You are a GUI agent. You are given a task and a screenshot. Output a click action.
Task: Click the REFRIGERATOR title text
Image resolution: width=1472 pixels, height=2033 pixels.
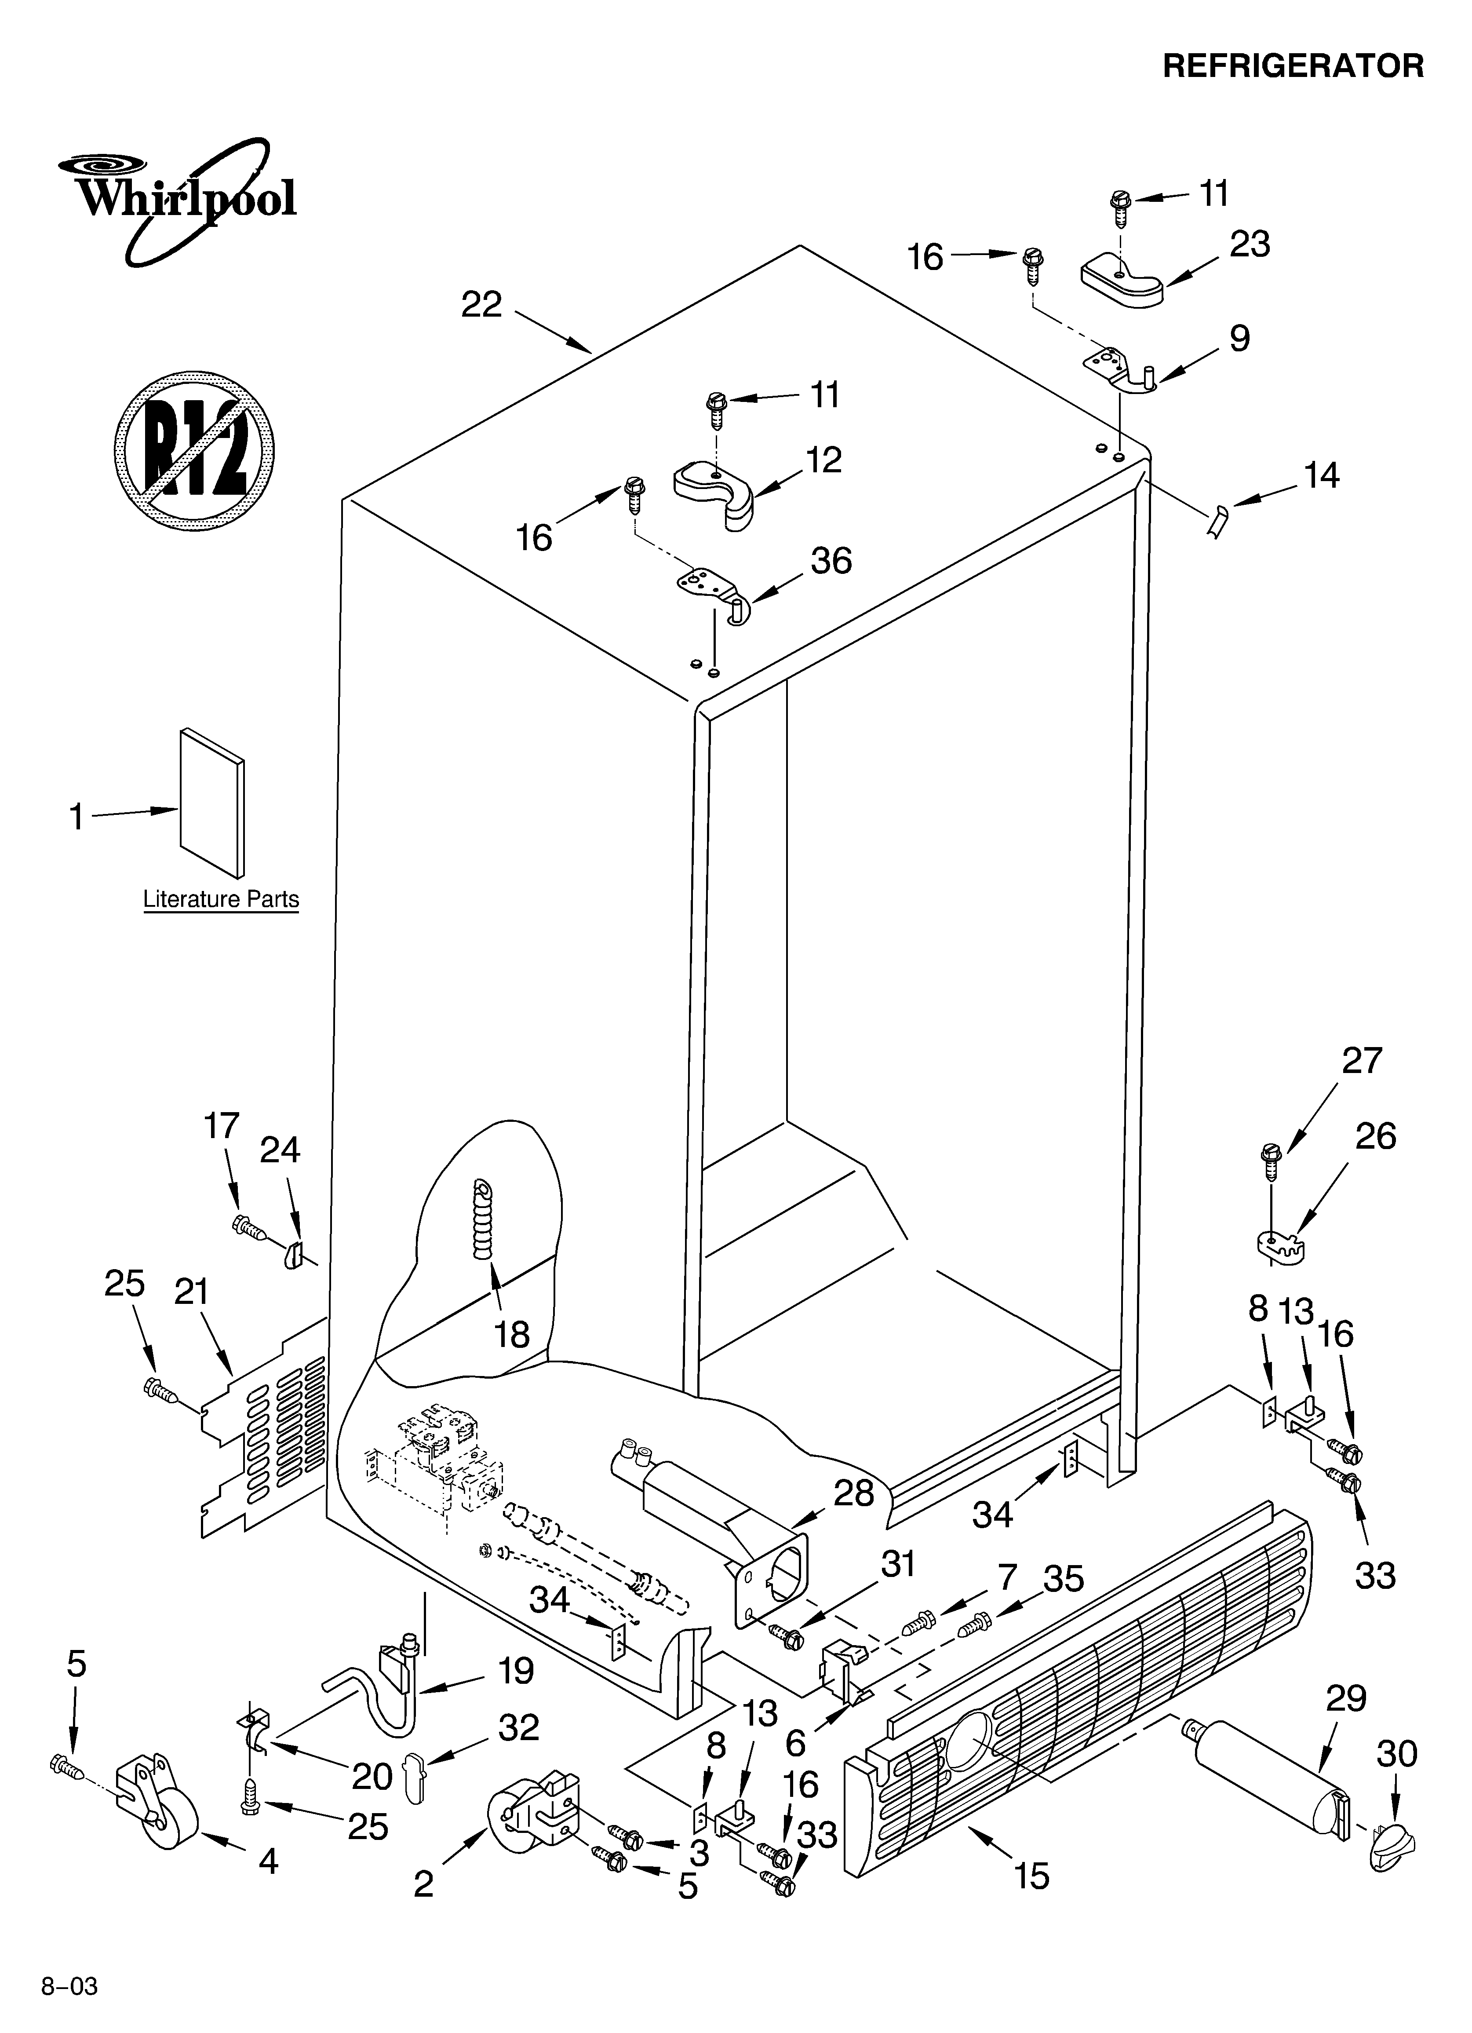1293,66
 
